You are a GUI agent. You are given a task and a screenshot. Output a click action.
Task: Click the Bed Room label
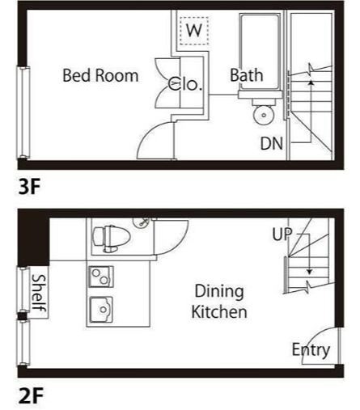click(100, 75)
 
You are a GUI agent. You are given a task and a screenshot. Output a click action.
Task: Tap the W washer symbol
click(194, 31)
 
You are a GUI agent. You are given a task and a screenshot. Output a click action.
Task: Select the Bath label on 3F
click(247, 75)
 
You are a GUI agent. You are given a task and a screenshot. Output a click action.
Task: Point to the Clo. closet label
click(185, 83)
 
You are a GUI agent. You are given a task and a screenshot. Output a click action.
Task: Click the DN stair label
click(272, 143)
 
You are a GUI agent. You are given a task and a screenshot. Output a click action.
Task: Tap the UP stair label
click(282, 234)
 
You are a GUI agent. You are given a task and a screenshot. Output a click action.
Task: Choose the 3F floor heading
click(29, 186)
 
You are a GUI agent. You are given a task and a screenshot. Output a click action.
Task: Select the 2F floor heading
click(31, 395)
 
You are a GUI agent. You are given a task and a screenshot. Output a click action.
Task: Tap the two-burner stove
click(101, 277)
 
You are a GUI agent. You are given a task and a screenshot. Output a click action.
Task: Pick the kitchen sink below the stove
click(101, 310)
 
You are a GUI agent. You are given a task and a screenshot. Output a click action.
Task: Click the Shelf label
click(39, 294)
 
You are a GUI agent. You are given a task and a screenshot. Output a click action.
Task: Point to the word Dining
click(219, 292)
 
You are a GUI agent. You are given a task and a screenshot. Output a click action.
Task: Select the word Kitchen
click(219, 312)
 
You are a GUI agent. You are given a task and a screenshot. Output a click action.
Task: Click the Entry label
click(311, 350)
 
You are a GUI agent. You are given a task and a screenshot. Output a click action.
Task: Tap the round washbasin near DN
click(264, 115)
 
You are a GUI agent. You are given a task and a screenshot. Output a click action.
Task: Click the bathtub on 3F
click(260, 52)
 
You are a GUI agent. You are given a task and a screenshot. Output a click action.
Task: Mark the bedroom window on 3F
click(23, 112)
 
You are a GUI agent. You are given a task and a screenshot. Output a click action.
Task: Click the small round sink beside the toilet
click(142, 222)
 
